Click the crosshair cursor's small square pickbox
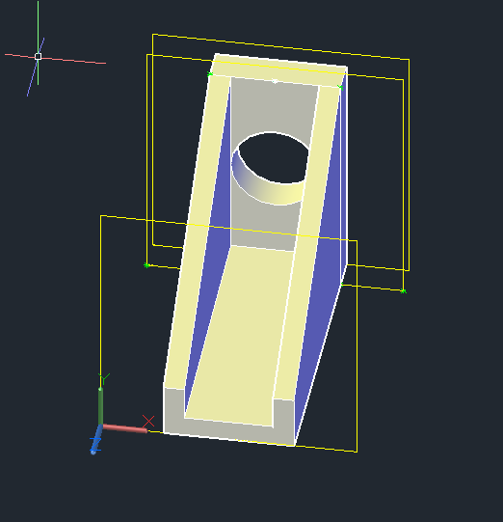coord(39,56)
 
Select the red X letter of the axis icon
coord(148,422)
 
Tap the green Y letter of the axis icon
coord(106,377)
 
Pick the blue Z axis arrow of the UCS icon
coord(96,445)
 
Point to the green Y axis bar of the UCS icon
coord(100,405)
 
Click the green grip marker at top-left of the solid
coord(210,73)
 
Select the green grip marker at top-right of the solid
coord(340,87)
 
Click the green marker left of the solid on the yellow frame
coord(146,264)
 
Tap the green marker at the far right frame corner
coord(403,289)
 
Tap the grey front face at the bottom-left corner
coord(173,410)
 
